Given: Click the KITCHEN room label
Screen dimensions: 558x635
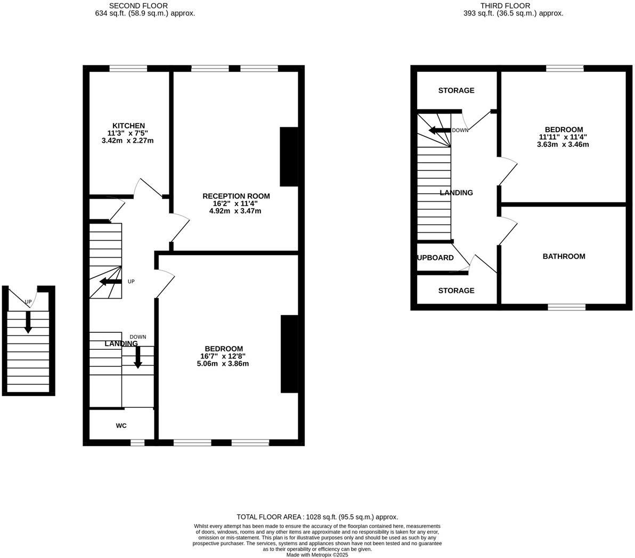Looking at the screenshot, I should [128, 126].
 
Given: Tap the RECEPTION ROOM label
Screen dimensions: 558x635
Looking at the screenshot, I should [235, 196].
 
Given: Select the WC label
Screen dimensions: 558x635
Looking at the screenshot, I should [121, 426].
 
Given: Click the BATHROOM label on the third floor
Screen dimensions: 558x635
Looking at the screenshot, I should [564, 257].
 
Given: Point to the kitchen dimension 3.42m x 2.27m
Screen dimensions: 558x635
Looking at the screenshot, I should [128, 141].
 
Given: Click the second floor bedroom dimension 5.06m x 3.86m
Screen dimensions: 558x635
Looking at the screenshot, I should [222, 364].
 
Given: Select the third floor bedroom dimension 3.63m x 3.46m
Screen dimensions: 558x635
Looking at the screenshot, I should [563, 144].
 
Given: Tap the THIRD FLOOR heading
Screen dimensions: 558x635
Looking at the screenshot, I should [498, 6].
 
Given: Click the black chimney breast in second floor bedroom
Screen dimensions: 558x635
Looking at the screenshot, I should [289, 354].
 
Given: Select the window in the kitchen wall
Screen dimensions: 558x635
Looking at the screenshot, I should [128, 68].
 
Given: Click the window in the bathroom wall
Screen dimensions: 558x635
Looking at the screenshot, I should [566, 307].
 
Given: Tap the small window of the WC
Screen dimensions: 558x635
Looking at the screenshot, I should [137, 442].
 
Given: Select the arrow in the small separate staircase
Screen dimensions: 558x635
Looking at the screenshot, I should [28, 323].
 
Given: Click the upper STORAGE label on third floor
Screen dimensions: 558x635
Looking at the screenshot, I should [456, 91].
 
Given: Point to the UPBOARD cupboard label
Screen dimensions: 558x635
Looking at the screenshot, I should [435, 258].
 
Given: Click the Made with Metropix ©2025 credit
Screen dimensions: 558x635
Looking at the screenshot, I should [317, 555].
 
